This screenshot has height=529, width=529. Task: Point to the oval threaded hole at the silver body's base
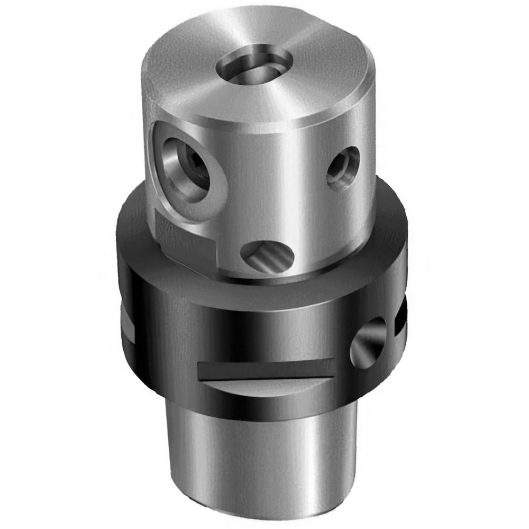pos(267,257)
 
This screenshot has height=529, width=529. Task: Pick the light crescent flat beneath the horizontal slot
pos(264,389)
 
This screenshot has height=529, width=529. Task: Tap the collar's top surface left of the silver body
pos(132,222)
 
